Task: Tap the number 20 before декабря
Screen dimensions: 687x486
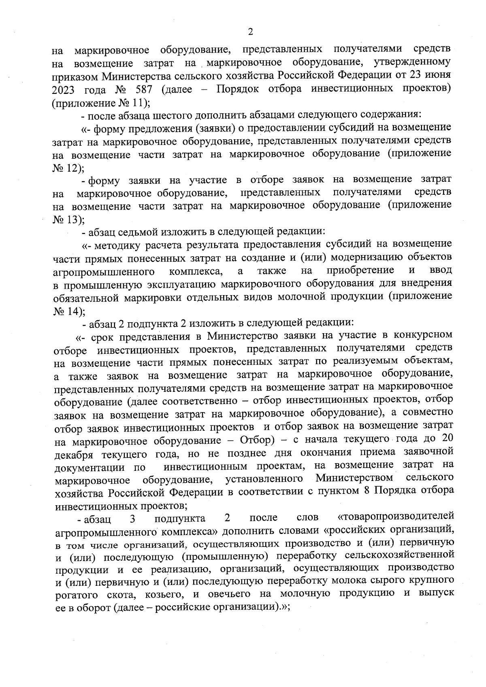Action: (x=447, y=439)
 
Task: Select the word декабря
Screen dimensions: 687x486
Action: (x=72, y=452)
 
